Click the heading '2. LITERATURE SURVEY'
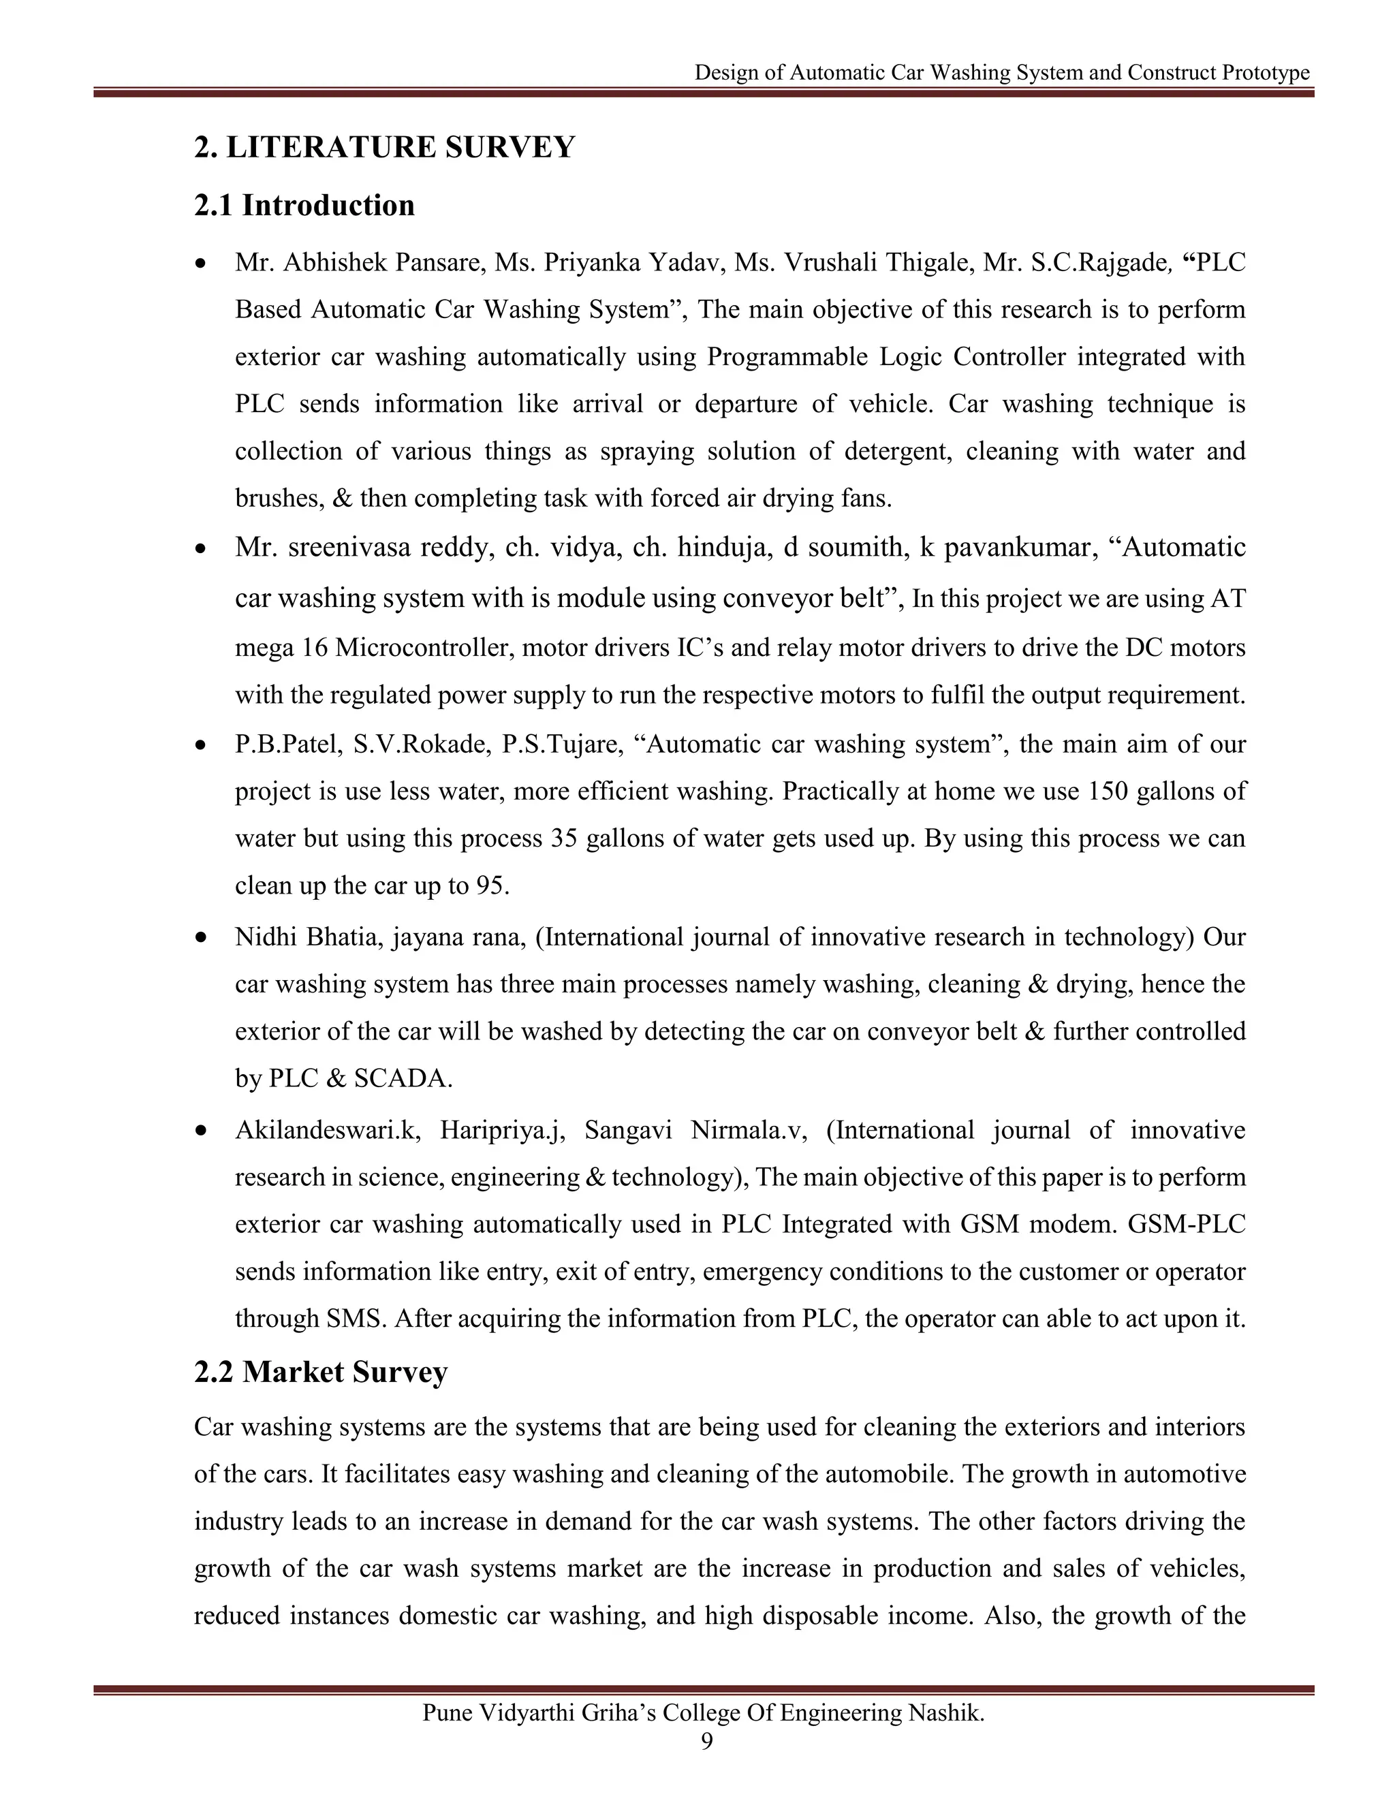384,147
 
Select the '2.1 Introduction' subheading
304,205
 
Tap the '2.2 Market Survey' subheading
321,1372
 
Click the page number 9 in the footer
706,1742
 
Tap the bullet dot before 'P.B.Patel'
201,745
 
